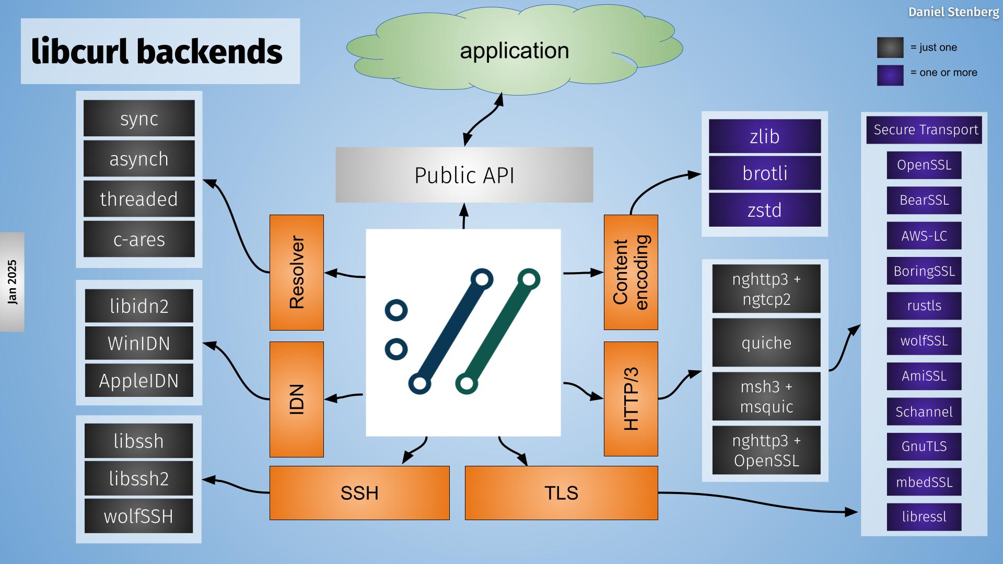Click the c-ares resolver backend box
(139, 239)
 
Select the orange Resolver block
(296, 272)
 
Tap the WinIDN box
(139, 343)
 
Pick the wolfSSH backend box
(138, 516)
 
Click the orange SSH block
(359, 492)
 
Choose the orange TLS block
(561, 492)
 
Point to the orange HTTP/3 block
(631, 399)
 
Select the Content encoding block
(631, 272)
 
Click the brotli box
(765, 173)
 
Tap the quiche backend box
(766, 343)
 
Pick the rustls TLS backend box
(924, 305)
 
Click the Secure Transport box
(924, 130)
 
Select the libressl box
(924, 516)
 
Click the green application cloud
(514, 51)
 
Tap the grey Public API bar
(464, 175)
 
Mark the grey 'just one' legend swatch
(890, 48)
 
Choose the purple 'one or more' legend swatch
(890, 75)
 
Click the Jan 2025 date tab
(12, 282)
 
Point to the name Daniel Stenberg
(953, 12)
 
